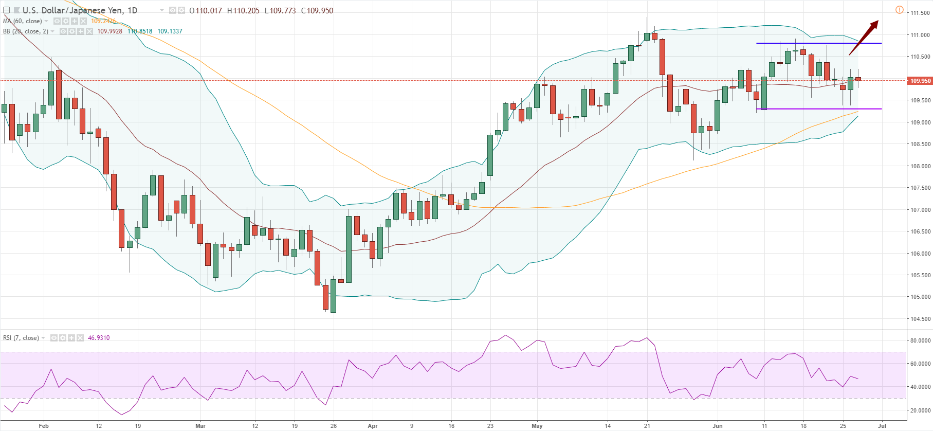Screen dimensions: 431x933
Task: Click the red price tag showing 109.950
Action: [x=920, y=81]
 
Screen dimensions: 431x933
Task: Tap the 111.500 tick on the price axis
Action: [x=920, y=13]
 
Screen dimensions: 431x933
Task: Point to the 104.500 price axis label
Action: [x=920, y=319]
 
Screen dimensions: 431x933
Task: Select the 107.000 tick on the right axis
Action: [x=920, y=210]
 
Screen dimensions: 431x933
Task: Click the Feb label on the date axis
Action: [x=44, y=426]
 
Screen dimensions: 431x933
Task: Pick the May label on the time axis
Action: [x=537, y=426]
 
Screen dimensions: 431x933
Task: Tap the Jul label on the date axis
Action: [x=882, y=426]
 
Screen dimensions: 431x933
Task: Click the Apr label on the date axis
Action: [x=373, y=426]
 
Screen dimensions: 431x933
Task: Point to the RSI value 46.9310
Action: [x=99, y=338]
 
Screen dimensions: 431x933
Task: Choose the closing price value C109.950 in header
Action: [x=317, y=11]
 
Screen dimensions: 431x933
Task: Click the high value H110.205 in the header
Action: [x=243, y=11]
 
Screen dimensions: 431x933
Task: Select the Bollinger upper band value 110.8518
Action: [x=140, y=31]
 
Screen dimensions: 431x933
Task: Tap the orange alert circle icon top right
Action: [x=899, y=10]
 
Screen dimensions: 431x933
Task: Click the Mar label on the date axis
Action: [x=200, y=426]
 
